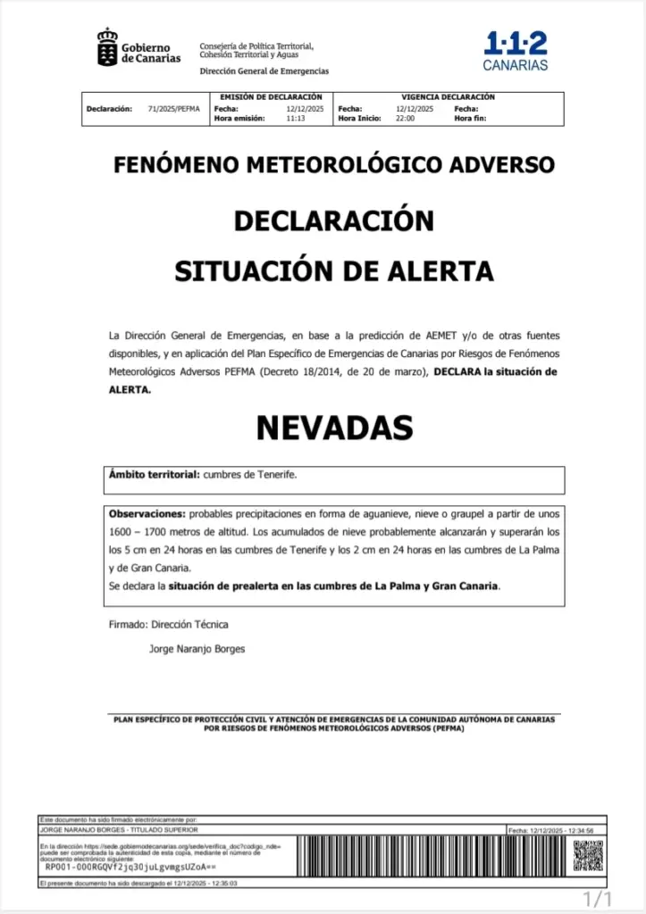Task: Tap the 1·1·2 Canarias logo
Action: (x=516, y=52)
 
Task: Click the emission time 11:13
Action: (x=296, y=118)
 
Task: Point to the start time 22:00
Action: (x=405, y=118)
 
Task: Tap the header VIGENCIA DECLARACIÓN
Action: (x=448, y=97)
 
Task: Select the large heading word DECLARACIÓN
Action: (x=333, y=220)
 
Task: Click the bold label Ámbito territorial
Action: (x=154, y=475)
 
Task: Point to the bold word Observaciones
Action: (x=147, y=514)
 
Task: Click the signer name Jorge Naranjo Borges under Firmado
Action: (x=197, y=649)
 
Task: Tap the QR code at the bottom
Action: (x=587, y=856)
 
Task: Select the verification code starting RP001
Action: (x=130, y=867)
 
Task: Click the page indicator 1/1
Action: (x=597, y=896)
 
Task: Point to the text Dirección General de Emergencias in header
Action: (x=264, y=71)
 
